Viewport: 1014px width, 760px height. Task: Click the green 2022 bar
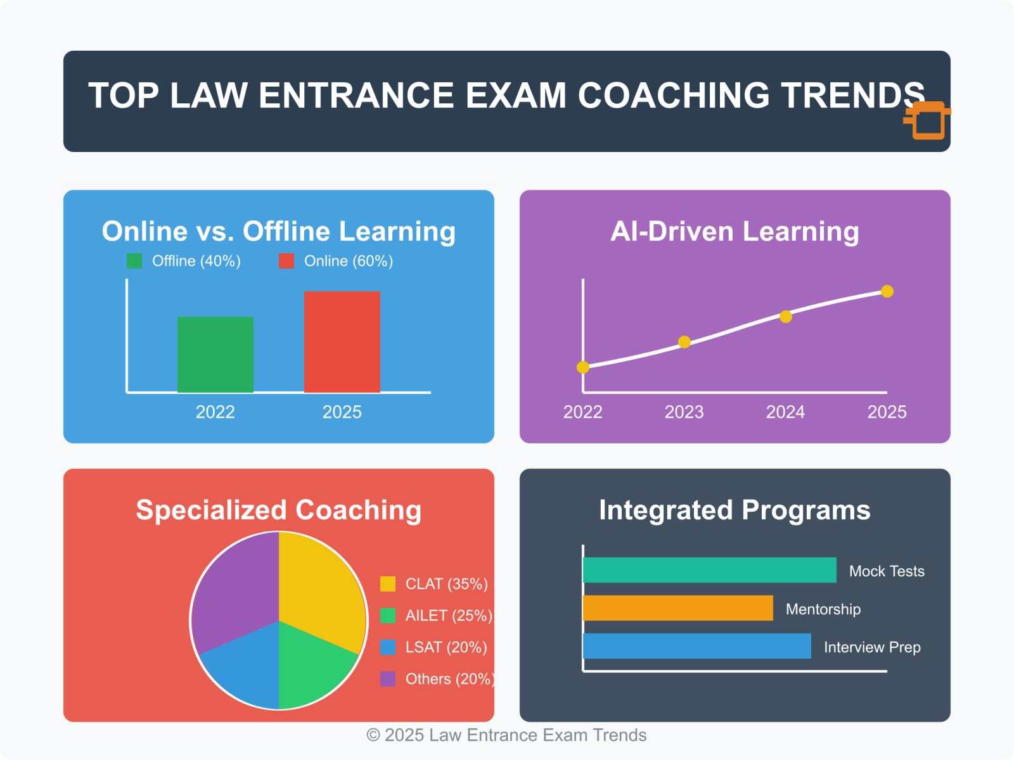tap(215, 355)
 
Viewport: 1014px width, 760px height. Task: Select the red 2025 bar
tap(342, 342)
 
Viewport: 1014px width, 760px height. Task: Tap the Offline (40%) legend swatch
tap(134, 261)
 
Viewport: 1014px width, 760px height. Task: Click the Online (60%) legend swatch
tap(286, 261)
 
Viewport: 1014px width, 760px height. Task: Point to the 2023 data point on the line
tap(684, 342)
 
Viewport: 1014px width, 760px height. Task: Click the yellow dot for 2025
tap(887, 291)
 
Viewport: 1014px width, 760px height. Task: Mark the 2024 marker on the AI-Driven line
tap(785, 317)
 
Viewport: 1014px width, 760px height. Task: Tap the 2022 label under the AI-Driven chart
tap(582, 412)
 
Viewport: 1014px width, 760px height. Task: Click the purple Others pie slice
tap(236, 586)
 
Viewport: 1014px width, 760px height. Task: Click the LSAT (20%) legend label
tap(446, 647)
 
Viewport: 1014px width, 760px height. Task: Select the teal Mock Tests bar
tap(710, 570)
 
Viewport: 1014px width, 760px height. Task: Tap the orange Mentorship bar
tap(677, 608)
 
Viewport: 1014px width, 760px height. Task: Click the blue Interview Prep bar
tap(696, 646)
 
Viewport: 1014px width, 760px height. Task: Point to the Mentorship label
tap(823, 609)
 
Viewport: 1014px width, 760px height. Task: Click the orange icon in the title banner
tap(927, 120)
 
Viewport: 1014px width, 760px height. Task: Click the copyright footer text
tap(506, 735)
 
